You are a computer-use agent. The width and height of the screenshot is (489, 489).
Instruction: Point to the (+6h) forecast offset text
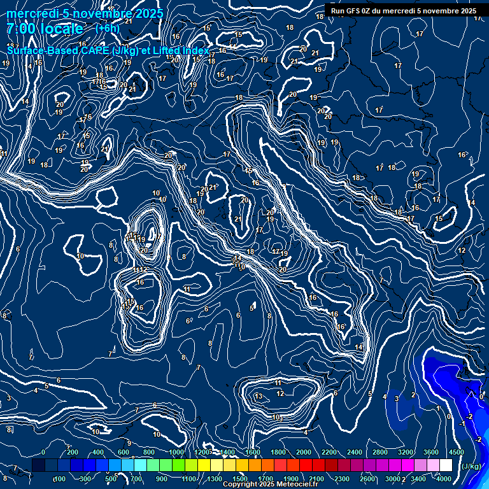pos(107,28)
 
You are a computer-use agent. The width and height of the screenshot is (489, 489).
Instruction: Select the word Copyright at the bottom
pos(241,485)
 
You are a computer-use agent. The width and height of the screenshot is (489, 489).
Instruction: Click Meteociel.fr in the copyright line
pos(300,485)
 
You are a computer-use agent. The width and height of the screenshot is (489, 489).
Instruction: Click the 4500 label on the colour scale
pos(456,452)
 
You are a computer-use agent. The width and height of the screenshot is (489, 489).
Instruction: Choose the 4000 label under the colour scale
pos(444,479)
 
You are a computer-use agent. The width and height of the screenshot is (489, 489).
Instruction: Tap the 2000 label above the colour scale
pos(304,452)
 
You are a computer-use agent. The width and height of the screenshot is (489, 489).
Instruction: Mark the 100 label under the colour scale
pos(60,479)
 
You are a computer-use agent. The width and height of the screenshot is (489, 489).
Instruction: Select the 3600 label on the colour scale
pos(431,452)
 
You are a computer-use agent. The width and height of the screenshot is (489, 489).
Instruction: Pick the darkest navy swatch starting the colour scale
pos(38,465)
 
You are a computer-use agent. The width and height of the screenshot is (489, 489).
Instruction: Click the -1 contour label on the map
pos(461,423)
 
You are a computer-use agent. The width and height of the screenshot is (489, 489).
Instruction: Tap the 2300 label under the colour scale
pos(341,479)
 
